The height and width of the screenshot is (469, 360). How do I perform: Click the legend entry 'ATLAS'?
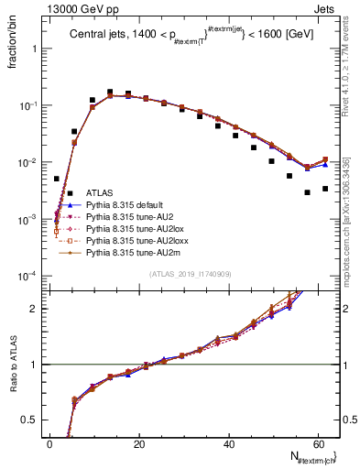click(99, 193)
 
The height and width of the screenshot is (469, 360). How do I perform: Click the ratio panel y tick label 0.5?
click(32, 420)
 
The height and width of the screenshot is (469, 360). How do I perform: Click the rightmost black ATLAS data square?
click(325, 189)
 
